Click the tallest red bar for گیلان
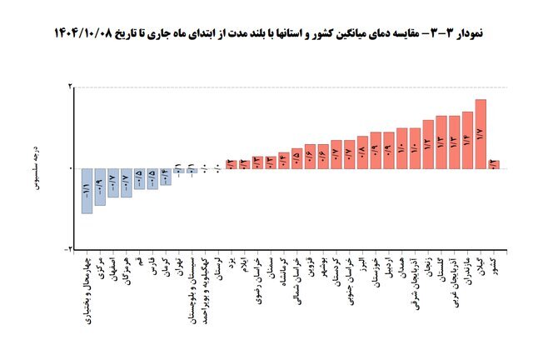pyautogui.click(x=481, y=133)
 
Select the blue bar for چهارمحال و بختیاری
pyautogui.click(x=87, y=190)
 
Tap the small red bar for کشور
pyautogui.click(x=493, y=164)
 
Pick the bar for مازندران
pyautogui.click(x=467, y=139)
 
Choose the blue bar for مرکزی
pyautogui.click(x=100, y=186)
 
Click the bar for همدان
pyautogui.click(x=402, y=147)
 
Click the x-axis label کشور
pyautogui.click(x=494, y=267)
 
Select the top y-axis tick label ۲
pyautogui.click(x=70, y=87)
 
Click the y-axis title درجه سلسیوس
pyautogui.click(x=37, y=167)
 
